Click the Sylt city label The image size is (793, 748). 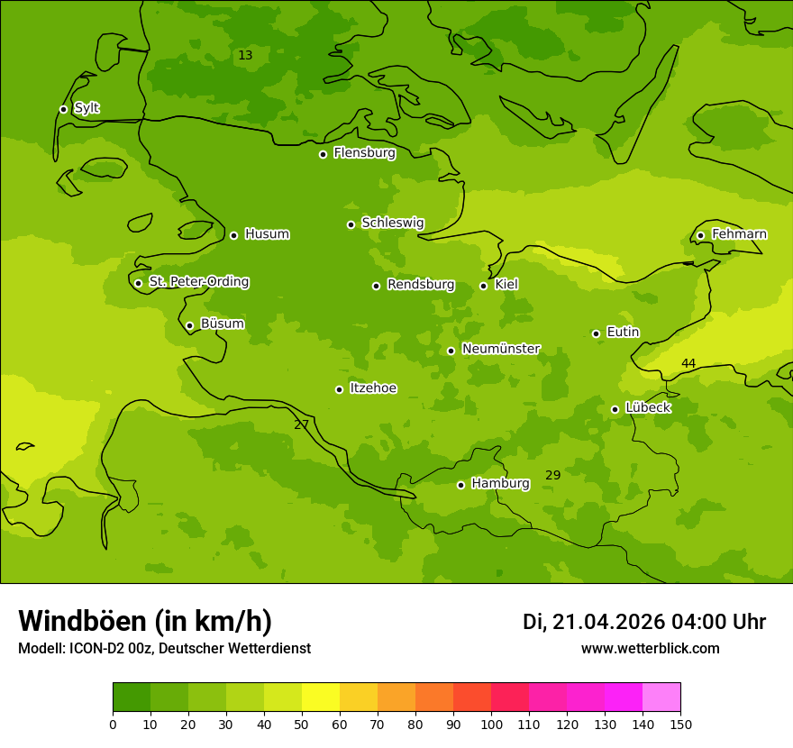(87, 108)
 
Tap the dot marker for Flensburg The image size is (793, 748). (323, 154)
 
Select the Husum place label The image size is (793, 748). (267, 234)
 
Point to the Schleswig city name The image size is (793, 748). (392, 223)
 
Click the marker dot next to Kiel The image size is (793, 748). (483, 286)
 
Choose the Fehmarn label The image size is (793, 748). (739, 234)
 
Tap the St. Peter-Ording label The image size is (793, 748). (198, 282)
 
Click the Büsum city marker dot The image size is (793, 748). (189, 325)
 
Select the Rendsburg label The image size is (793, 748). (421, 285)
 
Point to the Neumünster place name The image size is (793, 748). (501, 349)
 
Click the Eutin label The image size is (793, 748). (623, 333)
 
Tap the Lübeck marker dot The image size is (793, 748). (615, 409)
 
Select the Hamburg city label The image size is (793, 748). (500, 484)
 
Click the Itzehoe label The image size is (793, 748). (373, 388)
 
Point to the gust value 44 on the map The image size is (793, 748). (688, 363)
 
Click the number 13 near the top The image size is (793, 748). (245, 55)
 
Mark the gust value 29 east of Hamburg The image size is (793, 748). (553, 475)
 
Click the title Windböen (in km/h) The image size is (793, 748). (145, 621)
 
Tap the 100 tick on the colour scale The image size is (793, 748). (491, 724)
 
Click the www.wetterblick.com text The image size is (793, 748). (650, 649)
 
